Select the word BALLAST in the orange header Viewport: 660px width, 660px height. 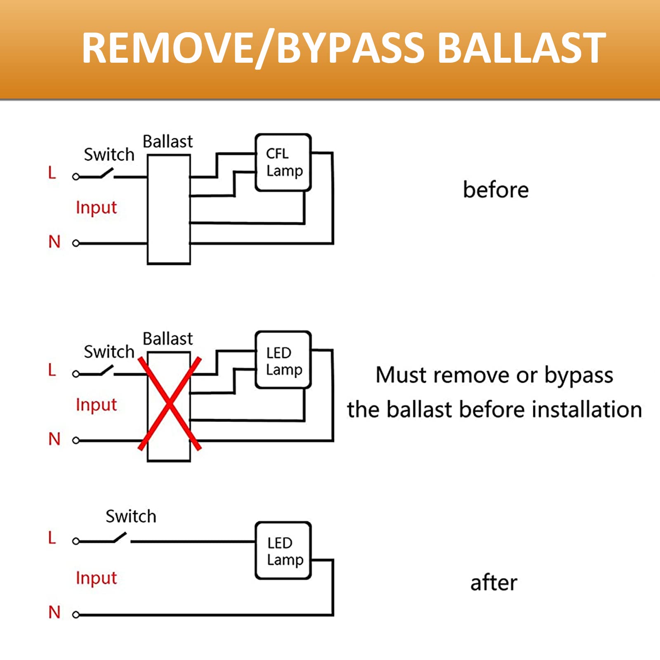pos(521,48)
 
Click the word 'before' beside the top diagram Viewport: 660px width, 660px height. pos(495,190)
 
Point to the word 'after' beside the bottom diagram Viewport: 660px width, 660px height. pos(493,583)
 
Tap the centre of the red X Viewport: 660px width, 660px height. pos(170,403)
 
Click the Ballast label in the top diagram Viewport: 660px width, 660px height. pos(167,141)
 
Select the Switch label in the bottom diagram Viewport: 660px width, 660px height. pos(131,516)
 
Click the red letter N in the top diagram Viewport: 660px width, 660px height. pos(54,242)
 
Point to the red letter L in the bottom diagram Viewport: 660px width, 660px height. pos(52,537)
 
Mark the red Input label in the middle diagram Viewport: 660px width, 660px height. pos(96,405)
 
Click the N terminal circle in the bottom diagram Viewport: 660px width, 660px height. pos(75,615)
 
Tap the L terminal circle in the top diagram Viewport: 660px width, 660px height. pos(75,177)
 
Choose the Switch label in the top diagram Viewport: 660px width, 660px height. pos(109,155)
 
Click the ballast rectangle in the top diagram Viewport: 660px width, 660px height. pos(169,210)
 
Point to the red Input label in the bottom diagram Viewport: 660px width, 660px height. pos(96,578)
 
